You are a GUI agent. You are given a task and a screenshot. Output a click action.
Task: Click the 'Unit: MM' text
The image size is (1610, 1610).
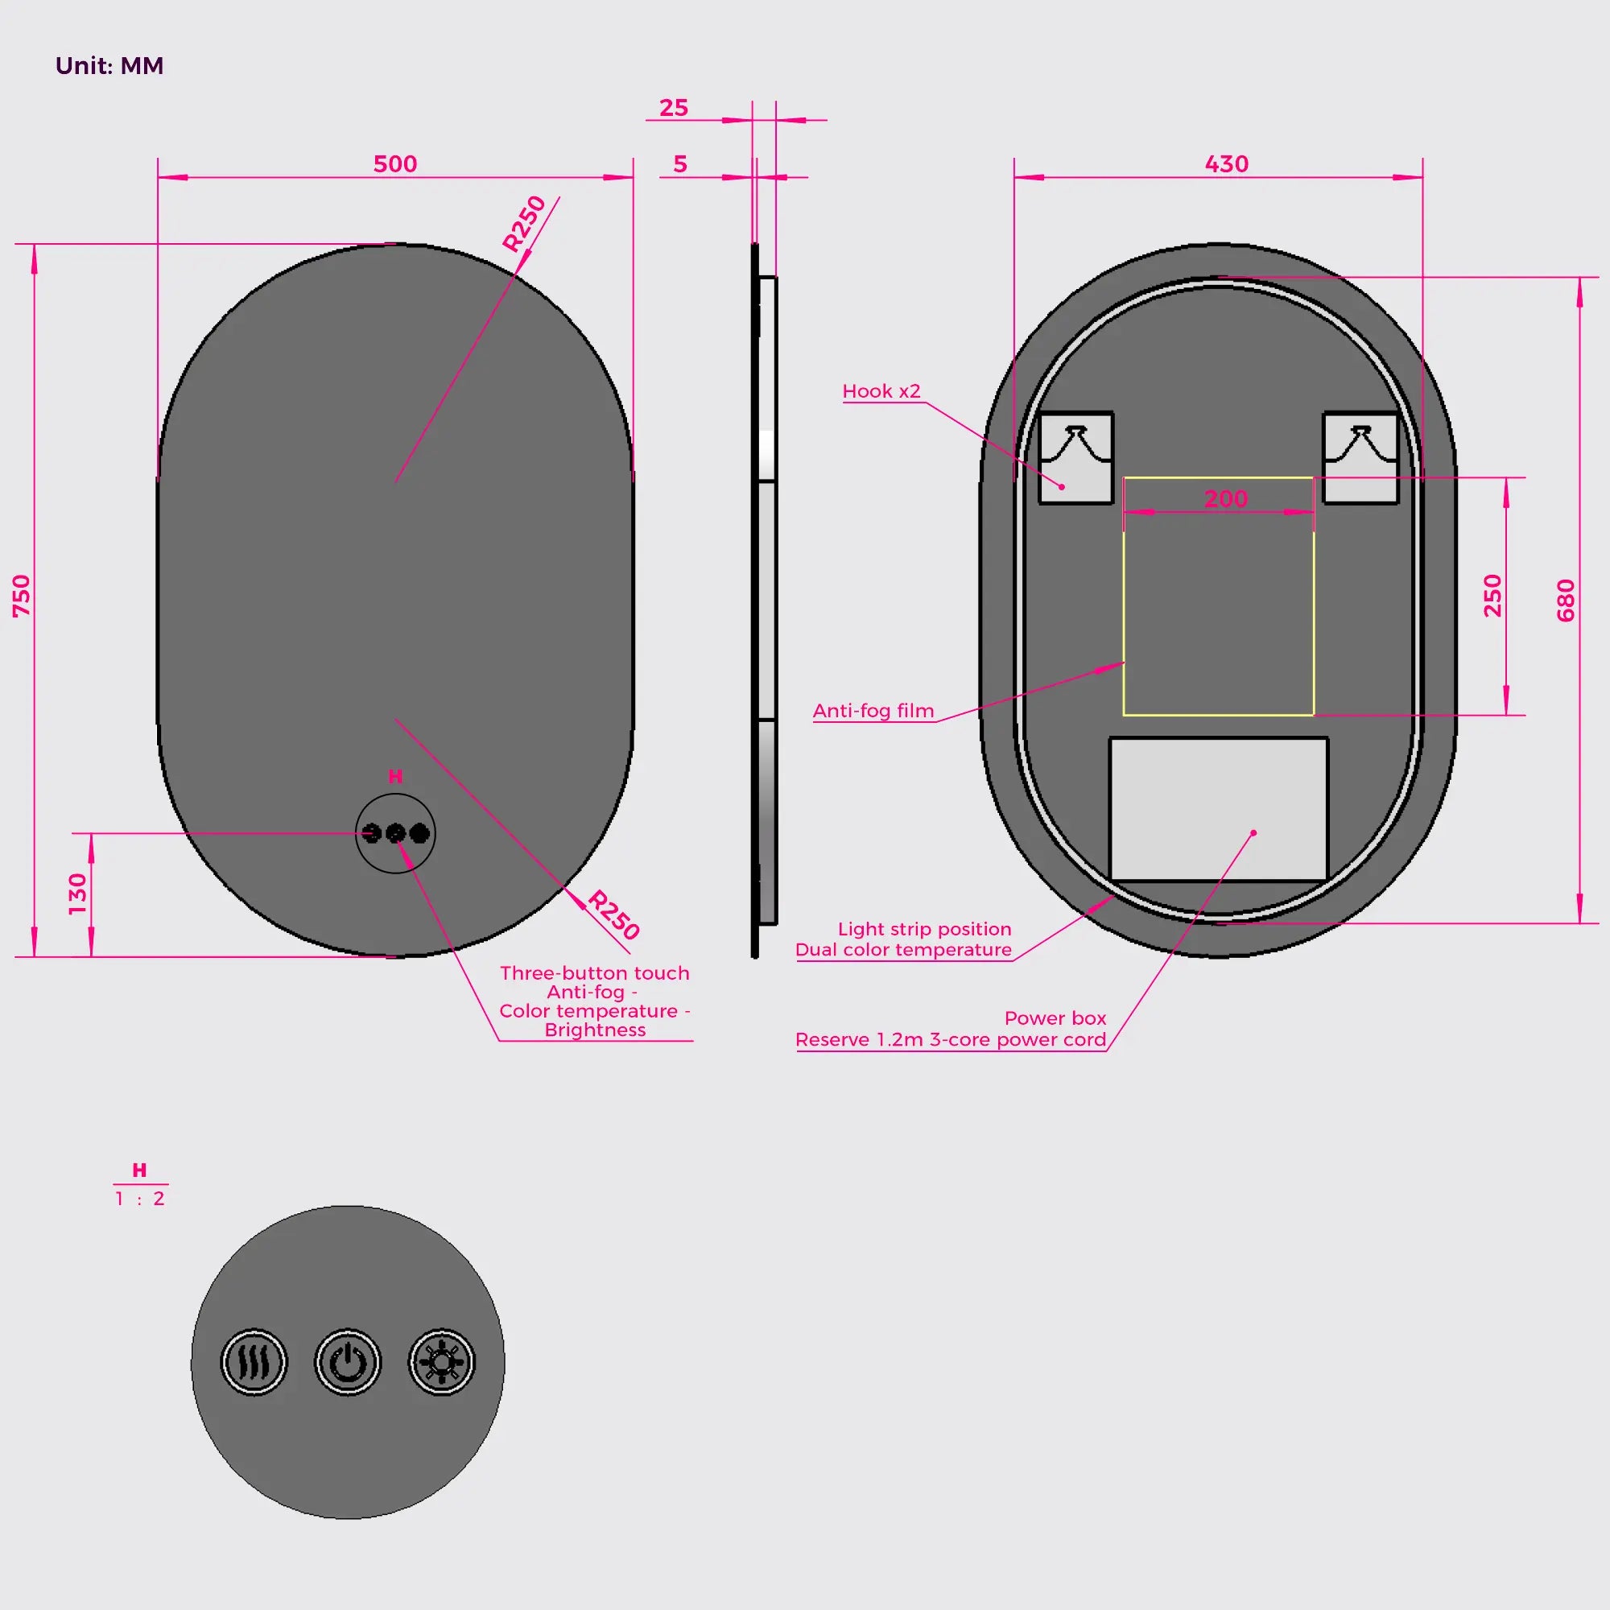109,66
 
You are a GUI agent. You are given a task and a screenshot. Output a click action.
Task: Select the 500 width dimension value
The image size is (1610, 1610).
395,163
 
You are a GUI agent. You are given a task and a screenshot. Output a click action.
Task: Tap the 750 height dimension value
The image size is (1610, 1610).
22,596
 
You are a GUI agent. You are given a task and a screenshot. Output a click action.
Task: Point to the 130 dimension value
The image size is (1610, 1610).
77,894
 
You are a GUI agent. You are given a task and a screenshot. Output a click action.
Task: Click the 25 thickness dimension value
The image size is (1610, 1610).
673,108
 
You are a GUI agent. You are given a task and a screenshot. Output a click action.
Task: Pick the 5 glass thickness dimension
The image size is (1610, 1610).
680,164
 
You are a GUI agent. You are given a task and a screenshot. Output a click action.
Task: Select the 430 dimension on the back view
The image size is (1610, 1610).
1227,163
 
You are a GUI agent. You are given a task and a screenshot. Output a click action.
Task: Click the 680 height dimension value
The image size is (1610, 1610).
1566,600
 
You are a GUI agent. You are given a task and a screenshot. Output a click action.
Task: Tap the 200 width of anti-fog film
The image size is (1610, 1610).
1226,498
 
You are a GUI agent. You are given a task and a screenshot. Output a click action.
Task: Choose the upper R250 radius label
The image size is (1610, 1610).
524,223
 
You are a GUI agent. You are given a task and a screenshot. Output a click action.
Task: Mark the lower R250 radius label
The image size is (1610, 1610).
614,915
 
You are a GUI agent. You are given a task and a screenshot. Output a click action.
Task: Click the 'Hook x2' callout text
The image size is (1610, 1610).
881,391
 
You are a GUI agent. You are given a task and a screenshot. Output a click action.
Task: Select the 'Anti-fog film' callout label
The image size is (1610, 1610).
873,711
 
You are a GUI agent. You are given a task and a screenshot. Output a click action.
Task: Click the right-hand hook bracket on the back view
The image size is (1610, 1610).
1360,457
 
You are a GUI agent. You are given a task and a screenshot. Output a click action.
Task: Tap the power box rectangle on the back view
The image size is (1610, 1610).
1218,808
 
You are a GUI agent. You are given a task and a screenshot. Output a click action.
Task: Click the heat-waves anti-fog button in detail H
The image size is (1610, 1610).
254,1363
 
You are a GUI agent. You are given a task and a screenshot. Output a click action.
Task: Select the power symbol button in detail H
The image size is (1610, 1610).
348,1363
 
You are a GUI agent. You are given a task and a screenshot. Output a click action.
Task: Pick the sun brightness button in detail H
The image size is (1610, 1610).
442,1363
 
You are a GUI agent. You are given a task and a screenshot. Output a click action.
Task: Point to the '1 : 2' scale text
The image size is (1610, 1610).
140,1199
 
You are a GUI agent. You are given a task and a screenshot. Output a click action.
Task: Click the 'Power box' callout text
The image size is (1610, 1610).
1055,1018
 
